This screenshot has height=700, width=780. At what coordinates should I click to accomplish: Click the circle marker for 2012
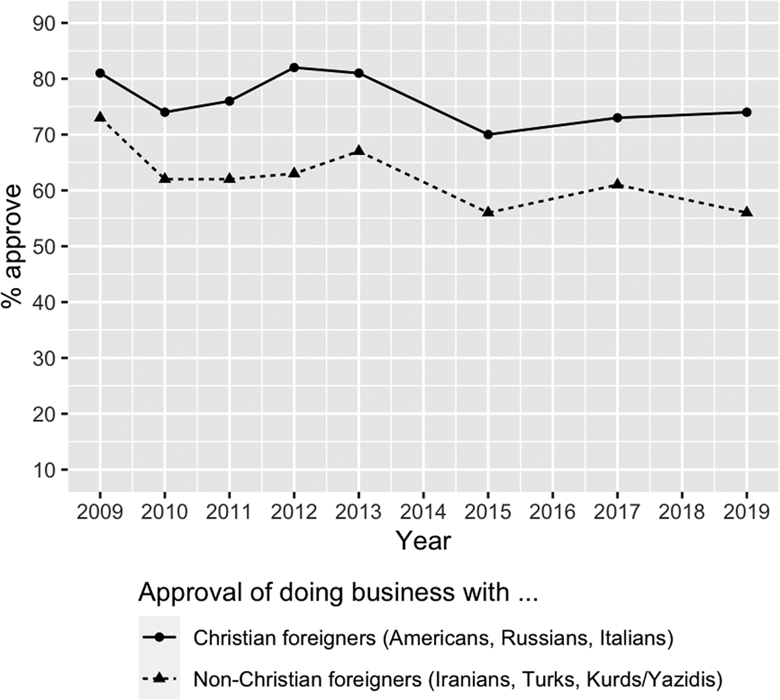click(x=294, y=67)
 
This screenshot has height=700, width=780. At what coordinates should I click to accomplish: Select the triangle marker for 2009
click(x=100, y=117)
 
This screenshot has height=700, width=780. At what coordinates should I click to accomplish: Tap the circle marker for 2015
click(x=488, y=134)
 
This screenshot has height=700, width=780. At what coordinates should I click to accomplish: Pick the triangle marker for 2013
click(x=358, y=150)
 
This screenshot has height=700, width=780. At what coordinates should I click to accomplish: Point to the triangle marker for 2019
click(x=746, y=212)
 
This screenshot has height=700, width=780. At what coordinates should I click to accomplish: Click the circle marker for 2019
click(x=746, y=112)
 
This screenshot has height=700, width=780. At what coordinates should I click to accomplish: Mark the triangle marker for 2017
click(x=617, y=184)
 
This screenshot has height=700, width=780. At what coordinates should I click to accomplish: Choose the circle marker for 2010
click(x=165, y=112)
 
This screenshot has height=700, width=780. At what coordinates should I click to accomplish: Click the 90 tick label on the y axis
click(x=43, y=24)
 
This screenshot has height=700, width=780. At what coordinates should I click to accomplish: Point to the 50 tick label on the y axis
click(x=43, y=247)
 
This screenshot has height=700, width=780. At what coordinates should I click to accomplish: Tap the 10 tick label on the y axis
click(x=43, y=469)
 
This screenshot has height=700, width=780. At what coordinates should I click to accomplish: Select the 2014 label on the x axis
click(x=424, y=511)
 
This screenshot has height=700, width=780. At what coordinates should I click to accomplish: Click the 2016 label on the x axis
click(x=553, y=511)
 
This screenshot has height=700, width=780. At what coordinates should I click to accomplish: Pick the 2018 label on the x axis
click(x=682, y=511)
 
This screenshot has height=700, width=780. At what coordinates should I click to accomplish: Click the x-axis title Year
click(x=424, y=540)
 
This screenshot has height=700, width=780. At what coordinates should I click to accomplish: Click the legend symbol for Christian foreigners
click(x=159, y=637)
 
